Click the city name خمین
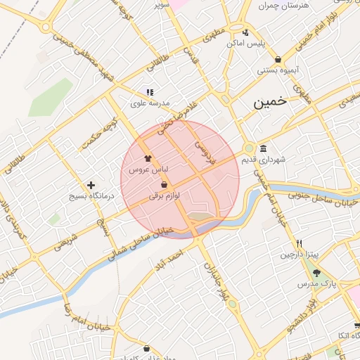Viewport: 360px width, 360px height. [271, 101]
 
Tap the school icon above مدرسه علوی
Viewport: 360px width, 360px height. [150, 92]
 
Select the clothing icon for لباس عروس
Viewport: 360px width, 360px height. [148, 159]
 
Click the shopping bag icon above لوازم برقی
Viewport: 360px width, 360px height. [164, 184]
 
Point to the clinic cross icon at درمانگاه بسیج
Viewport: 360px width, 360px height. [91, 184]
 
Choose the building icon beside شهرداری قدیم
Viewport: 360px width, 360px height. [263, 148]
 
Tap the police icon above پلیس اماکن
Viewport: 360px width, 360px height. [245, 32]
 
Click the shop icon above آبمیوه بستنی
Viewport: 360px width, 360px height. [278, 59]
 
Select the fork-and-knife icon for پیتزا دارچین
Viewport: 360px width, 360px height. [300, 243]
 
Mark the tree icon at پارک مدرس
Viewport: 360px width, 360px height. [316, 273]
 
